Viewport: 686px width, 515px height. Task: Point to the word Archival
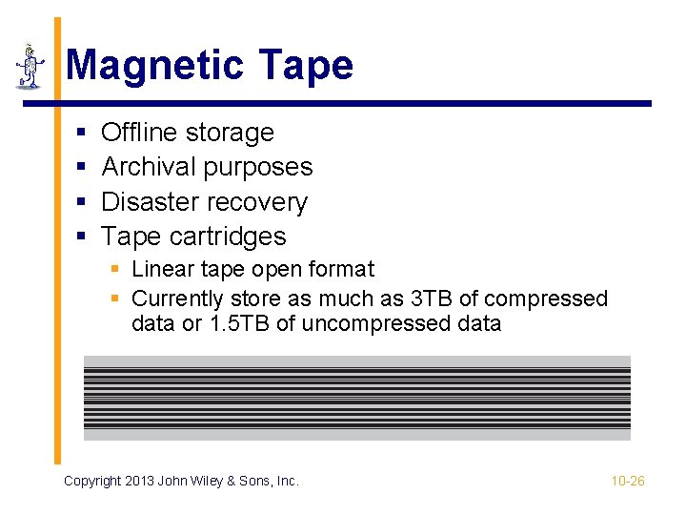click(x=145, y=167)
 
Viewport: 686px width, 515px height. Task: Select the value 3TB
click(x=431, y=299)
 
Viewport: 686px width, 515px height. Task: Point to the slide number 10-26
click(x=628, y=481)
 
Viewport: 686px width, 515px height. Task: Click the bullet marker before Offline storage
click(x=81, y=134)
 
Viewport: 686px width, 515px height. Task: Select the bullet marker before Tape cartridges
click(x=81, y=237)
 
